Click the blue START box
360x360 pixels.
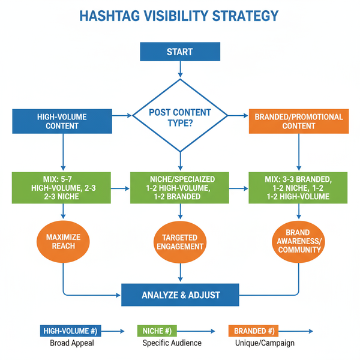pyautogui.click(x=179, y=52)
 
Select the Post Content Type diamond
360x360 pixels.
pyautogui.click(x=180, y=117)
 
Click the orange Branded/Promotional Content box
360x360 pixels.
pyautogui.click(x=299, y=121)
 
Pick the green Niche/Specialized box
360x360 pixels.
pyautogui.click(x=181, y=188)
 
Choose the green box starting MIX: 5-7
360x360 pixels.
pyautogui.click(x=62, y=188)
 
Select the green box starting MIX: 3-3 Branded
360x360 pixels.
pyautogui.click(x=298, y=188)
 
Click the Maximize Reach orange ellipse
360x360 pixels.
pyautogui.click(x=63, y=242)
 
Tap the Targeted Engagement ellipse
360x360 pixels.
pyautogui.click(x=180, y=242)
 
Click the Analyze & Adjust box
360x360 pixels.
pyautogui.click(x=181, y=295)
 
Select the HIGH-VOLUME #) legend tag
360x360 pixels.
pyautogui.click(x=70, y=331)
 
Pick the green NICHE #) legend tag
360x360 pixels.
pyautogui.click(x=158, y=331)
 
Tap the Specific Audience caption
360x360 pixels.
pyautogui.click(x=172, y=343)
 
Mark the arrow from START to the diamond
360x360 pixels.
pyautogui.click(x=179, y=70)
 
